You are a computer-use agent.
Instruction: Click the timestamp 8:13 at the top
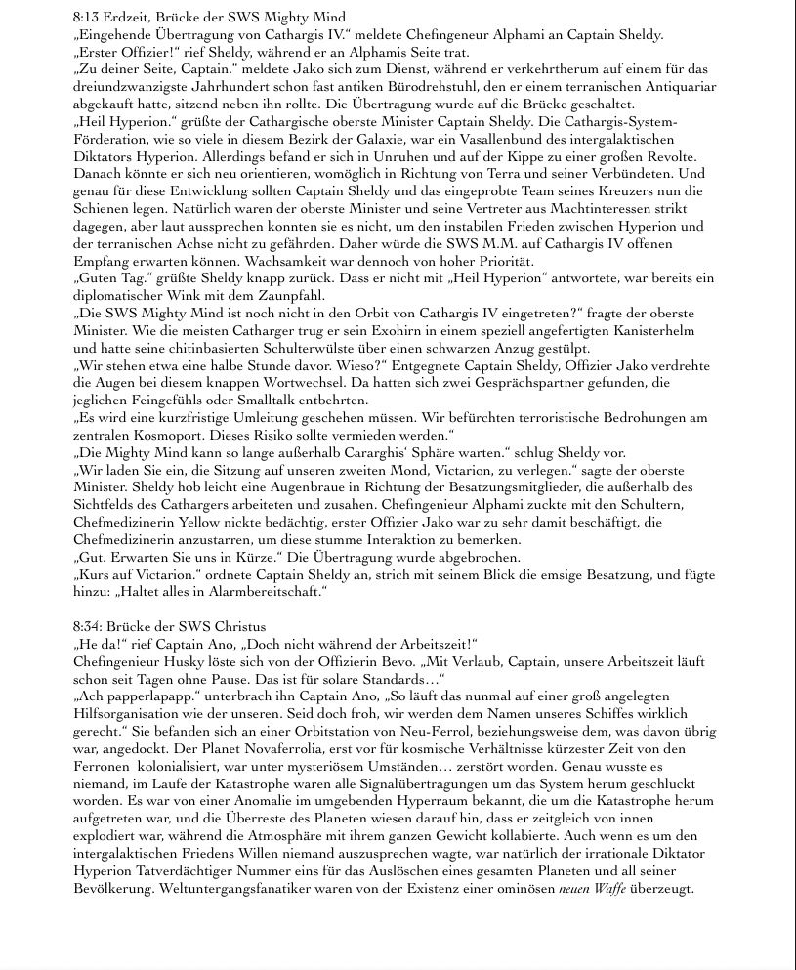click(x=88, y=18)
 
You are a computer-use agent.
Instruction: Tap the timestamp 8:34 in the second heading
click(x=88, y=626)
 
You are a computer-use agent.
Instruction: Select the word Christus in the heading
click(x=239, y=626)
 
